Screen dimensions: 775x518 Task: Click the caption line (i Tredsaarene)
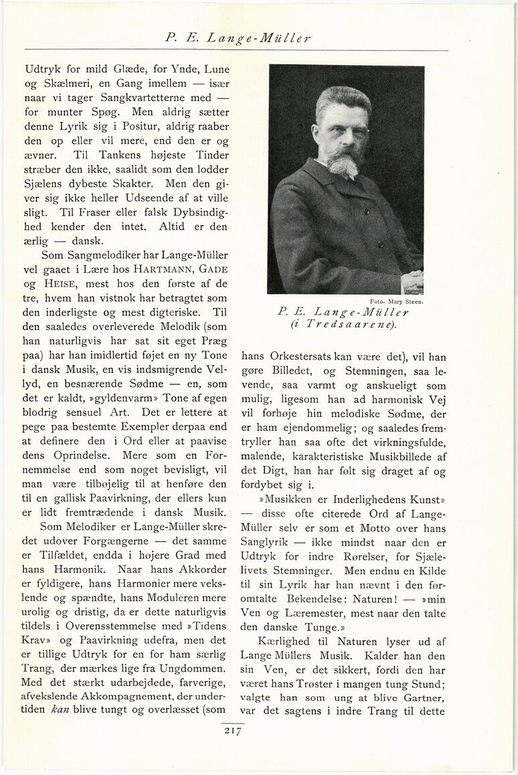tap(345, 325)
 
